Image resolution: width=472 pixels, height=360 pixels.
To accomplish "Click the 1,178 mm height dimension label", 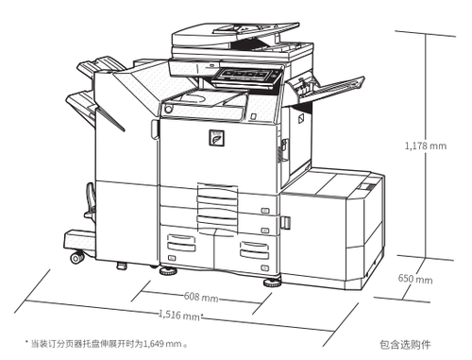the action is (426, 146).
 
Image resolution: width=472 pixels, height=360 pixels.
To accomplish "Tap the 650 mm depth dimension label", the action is (415, 279).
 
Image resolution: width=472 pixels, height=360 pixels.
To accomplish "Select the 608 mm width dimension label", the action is (201, 297).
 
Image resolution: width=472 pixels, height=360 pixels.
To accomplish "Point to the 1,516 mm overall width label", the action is (179, 315).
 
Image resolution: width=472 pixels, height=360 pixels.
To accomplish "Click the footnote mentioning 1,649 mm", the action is (107, 343).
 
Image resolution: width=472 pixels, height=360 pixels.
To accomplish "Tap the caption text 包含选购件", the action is (405, 345).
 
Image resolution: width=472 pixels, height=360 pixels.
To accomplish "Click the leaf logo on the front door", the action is (217, 138).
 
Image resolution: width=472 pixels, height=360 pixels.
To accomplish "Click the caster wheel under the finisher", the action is (76, 257).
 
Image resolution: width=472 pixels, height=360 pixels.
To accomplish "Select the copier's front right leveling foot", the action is (272, 283).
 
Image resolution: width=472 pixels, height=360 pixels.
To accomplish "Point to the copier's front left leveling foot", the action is (168, 270).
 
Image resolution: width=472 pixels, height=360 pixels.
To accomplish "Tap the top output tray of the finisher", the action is (99, 67).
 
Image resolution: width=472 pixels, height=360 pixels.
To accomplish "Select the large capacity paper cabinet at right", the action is (332, 230).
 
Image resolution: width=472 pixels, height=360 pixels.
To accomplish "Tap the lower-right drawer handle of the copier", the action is (254, 249).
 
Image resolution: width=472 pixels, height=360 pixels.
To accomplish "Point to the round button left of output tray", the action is (168, 109).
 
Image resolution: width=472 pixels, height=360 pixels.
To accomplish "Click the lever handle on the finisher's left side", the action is (91, 198).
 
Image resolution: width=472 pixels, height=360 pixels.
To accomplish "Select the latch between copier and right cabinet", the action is (285, 222).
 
